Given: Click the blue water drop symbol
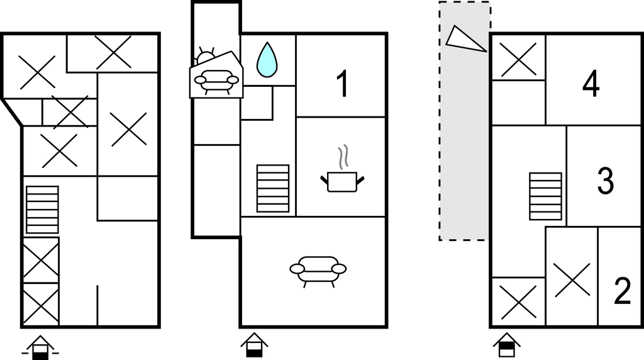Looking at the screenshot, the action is coord(267,60).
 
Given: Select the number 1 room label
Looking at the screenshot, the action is coord(343,84).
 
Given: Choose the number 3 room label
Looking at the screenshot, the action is coord(605,181).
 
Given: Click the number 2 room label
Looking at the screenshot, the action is coord(622,291).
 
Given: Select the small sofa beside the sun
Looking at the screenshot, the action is coord(216,82).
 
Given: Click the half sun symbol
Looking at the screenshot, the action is coord(206,57).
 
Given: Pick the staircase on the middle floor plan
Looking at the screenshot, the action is coord(273,189).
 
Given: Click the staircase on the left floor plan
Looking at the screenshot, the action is coord(42,210).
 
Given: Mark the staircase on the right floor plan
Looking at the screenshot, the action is coord(545,196).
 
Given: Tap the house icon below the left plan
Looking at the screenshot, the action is coord(40,347).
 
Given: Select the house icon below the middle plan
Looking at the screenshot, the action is coord(254,345).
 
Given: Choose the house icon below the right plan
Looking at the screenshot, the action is coord(507,345).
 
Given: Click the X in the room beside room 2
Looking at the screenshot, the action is coord(572,280).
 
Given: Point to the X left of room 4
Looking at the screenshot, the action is coord(518,60).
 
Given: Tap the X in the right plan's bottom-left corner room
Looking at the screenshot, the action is coord(518,302).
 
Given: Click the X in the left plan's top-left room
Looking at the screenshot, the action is coord(37,72).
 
